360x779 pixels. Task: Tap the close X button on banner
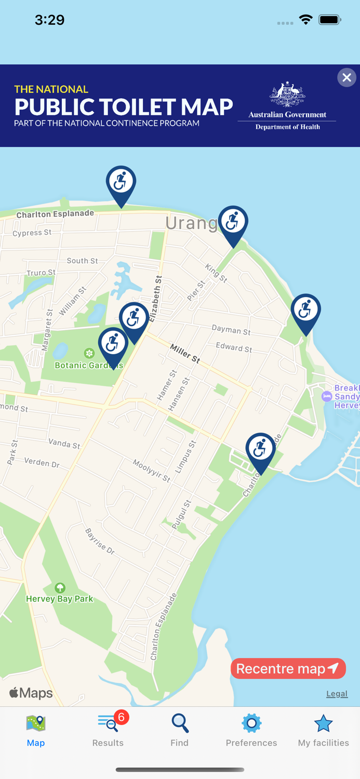tap(346, 78)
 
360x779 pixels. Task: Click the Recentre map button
tap(288, 668)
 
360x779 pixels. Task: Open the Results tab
tap(108, 730)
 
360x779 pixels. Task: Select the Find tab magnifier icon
tap(180, 723)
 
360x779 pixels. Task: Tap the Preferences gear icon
tap(251, 723)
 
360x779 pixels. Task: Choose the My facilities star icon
tap(323, 723)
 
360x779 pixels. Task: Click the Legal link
tap(337, 694)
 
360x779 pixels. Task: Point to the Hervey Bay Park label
tap(60, 598)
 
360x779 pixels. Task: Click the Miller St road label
tap(185, 353)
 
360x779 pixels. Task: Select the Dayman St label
tap(231, 329)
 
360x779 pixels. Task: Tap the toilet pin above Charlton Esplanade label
tap(121, 183)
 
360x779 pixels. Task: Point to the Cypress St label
tap(32, 233)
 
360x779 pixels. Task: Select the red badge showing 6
tap(121, 717)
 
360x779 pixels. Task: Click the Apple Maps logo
tap(31, 693)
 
